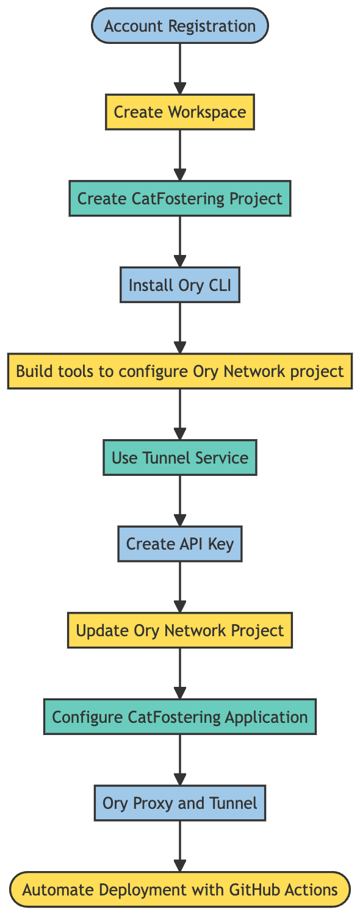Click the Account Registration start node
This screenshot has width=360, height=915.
coord(179,26)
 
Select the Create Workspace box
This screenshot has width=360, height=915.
coord(179,112)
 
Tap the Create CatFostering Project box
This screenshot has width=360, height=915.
coord(179,198)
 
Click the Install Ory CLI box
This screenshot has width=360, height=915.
coord(179,285)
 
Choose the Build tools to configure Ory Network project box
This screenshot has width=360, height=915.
coord(179,371)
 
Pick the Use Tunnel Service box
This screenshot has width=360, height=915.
coord(179,457)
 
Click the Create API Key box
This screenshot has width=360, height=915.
coord(179,544)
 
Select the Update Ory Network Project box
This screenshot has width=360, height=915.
coord(179,630)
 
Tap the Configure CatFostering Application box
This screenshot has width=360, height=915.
coord(179,717)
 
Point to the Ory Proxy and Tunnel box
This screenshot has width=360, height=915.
coord(179,803)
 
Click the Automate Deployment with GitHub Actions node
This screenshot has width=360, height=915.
coord(179,889)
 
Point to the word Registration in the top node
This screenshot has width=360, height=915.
coord(214,26)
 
